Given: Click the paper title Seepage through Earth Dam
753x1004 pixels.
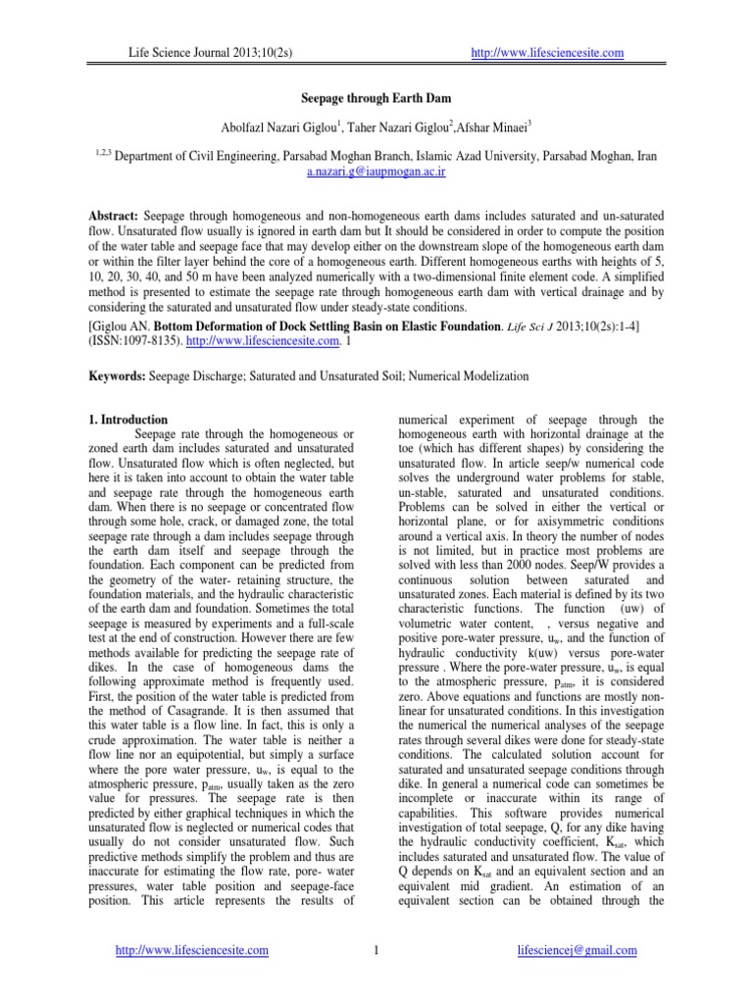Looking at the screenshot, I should (376, 100).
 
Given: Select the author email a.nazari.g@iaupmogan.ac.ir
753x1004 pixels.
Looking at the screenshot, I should (376, 171).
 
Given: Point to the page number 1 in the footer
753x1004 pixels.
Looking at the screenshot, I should (376, 950).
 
